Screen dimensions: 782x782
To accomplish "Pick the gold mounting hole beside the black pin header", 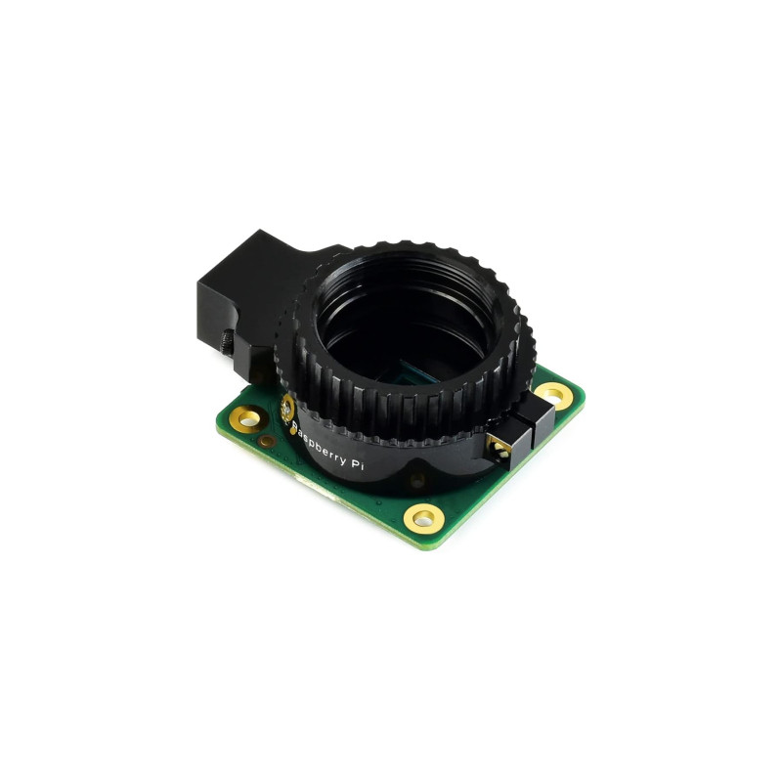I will coord(552,396).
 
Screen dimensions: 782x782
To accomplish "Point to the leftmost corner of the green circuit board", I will coord(216,422).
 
